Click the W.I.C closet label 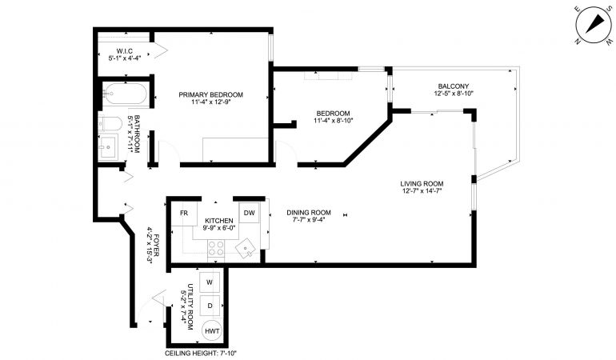125,51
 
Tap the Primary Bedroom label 210,94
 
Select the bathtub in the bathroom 125,94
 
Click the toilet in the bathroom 110,123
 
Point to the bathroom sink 108,146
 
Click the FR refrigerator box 184,213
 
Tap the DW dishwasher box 249,213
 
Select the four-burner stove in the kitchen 216,249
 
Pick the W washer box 210,282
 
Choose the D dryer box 210,306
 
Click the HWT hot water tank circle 212,331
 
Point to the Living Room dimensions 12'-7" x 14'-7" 422,190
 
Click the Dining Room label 308,213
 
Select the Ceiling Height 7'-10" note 200,354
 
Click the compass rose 594,25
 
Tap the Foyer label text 156,246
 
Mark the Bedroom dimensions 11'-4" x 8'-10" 334,121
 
